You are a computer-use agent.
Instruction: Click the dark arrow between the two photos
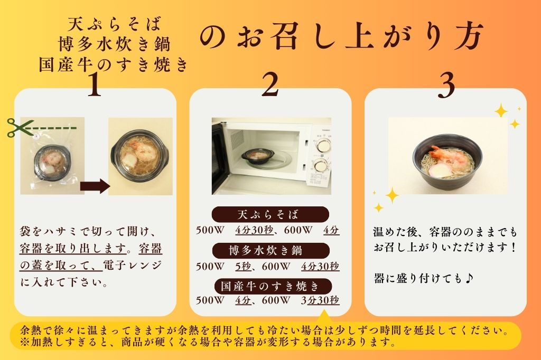(x=94, y=186)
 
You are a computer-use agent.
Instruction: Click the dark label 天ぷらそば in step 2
(x=270, y=215)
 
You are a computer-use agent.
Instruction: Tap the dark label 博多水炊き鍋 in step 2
(x=270, y=250)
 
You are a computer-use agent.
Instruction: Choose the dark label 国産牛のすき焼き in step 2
(x=270, y=286)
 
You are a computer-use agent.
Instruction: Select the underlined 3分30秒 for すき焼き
(x=319, y=300)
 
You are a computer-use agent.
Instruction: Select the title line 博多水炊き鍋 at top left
(x=114, y=44)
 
